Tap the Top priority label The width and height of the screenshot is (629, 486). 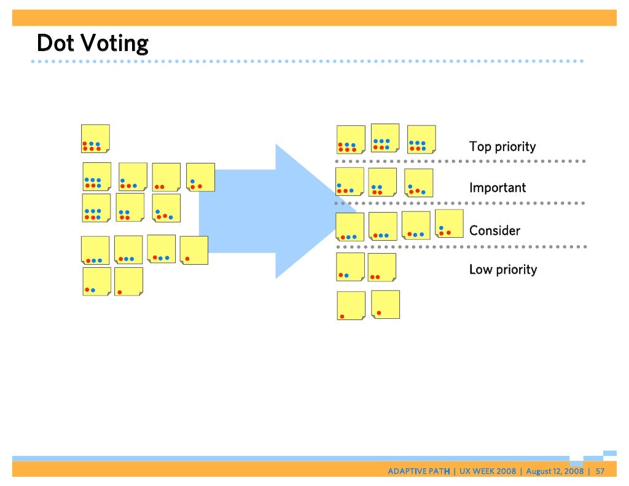coord(502,147)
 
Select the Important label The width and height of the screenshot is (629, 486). coord(498,187)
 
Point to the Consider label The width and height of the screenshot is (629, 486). coord(494,230)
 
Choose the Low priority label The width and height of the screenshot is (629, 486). coord(502,270)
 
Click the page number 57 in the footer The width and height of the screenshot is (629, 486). coord(600,471)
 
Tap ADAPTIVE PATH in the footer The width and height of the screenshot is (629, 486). coord(418,471)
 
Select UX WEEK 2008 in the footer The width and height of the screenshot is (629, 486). coord(487,471)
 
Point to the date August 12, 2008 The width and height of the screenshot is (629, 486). coord(555,471)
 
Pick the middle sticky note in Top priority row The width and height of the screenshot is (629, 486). coord(385,138)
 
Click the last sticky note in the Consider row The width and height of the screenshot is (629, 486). coord(449,223)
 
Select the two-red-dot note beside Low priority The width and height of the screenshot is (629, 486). coord(381,267)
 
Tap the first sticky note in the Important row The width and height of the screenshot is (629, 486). coord(350,181)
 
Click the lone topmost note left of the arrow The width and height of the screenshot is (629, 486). coord(95,139)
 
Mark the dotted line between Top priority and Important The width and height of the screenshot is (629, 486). coord(461,161)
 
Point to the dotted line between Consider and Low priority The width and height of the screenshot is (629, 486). coord(461,246)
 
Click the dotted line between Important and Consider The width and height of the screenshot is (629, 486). coord(461,203)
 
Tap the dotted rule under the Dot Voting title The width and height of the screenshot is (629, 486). coord(307,61)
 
